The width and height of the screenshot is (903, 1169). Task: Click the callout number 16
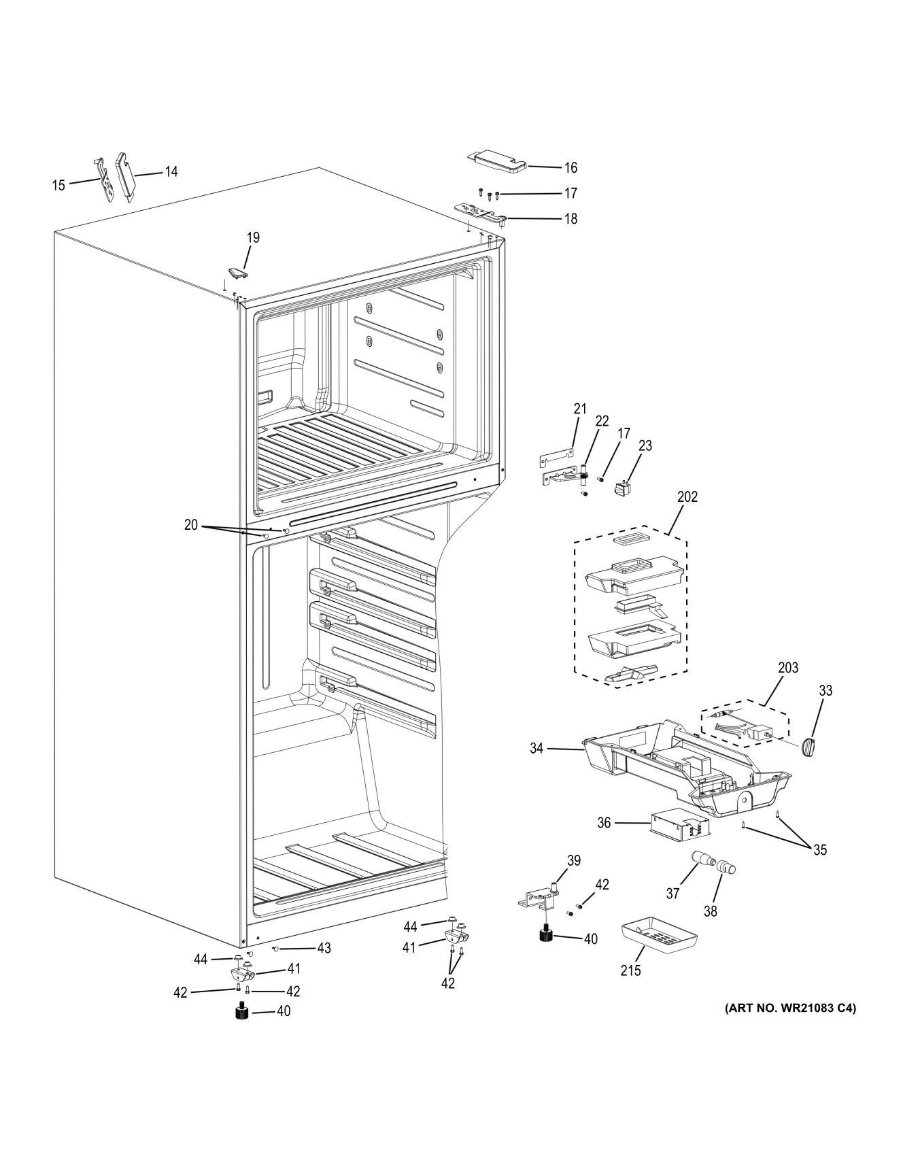coord(570,168)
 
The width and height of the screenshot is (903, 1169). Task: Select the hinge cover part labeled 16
coord(497,160)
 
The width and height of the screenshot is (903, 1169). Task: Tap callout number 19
coord(253,238)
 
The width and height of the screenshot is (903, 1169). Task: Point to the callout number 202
coord(687,497)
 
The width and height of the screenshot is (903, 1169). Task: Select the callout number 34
coord(537,749)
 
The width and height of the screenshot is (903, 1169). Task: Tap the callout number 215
coord(630,970)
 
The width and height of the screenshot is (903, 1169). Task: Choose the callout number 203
coord(788,668)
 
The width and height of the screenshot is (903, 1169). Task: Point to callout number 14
coord(171,172)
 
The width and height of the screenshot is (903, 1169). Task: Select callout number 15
coord(59,185)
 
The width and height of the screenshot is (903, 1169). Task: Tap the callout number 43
coord(324,948)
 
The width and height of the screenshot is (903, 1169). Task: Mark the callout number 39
coord(574,861)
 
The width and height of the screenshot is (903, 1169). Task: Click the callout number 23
coord(645,446)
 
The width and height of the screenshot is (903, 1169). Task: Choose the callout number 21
coord(579,409)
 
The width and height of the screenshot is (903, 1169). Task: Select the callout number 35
coord(820,850)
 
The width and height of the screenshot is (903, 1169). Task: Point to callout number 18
coord(570,219)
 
